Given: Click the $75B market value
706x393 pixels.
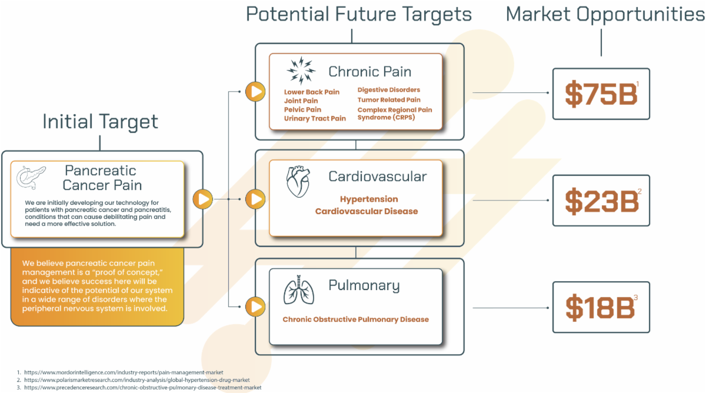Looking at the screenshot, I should coord(601,94).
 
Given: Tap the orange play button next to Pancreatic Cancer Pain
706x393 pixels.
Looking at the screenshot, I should coord(203,199).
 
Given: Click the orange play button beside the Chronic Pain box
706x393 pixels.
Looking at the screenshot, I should coord(255,92).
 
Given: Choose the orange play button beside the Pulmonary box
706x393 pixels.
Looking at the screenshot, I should coord(255,307).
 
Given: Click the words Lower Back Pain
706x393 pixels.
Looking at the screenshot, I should coord(312,92).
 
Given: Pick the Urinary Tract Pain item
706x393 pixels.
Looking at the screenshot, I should coord(315,118).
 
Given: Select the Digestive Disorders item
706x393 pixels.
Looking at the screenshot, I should coord(388,90).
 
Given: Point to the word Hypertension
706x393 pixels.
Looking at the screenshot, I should coord(369,199).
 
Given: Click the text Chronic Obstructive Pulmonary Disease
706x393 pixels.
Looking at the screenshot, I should coord(355,319).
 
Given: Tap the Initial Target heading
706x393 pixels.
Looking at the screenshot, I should coord(100,122).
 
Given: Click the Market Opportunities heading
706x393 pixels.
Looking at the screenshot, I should coord(605,14).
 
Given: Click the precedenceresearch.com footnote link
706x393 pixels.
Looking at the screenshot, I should coord(142,387).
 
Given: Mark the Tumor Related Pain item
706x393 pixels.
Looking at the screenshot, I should coord(389,100).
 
